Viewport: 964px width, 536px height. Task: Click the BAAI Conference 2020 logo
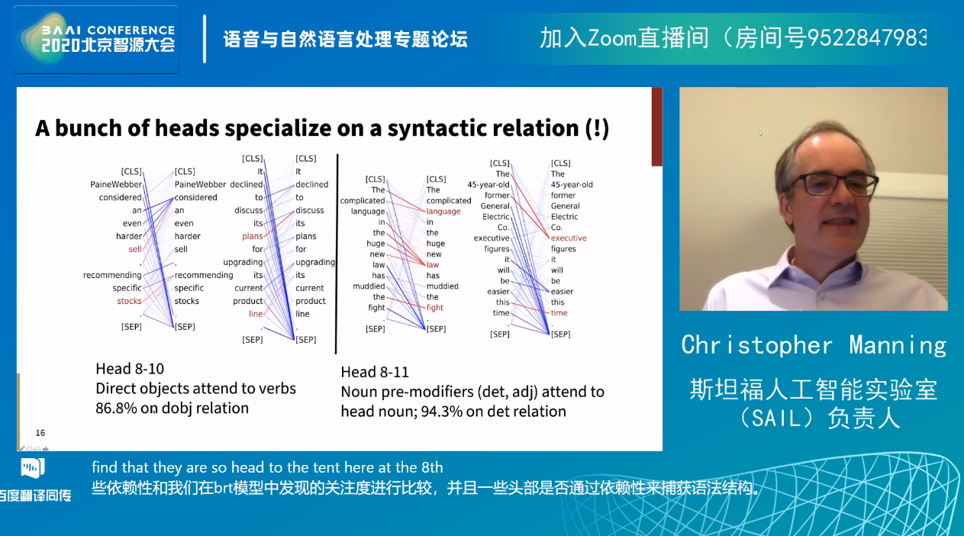click(x=96, y=39)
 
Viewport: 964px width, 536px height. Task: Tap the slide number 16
click(x=40, y=433)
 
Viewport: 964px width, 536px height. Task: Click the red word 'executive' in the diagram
click(x=569, y=238)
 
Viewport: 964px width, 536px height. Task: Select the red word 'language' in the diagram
click(x=443, y=211)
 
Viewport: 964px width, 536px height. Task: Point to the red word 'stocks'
click(x=129, y=301)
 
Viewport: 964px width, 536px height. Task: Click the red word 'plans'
click(x=252, y=237)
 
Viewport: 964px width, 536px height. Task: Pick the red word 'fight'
click(x=434, y=308)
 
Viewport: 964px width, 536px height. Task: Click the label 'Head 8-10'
click(x=130, y=369)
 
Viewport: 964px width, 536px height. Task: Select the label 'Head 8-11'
click(x=375, y=372)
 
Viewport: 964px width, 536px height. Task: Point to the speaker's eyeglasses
click(x=834, y=185)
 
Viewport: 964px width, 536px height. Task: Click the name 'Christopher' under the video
click(x=757, y=345)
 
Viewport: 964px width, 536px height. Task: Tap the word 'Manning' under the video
click(x=898, y=346)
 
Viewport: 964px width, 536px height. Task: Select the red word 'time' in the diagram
click(x=559, y=313)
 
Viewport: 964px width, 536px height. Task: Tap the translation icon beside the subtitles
click(x=32, y=468)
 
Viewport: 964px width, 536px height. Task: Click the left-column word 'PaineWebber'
click(x=116, y=185)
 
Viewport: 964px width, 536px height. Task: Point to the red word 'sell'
click(x=135, y=249)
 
